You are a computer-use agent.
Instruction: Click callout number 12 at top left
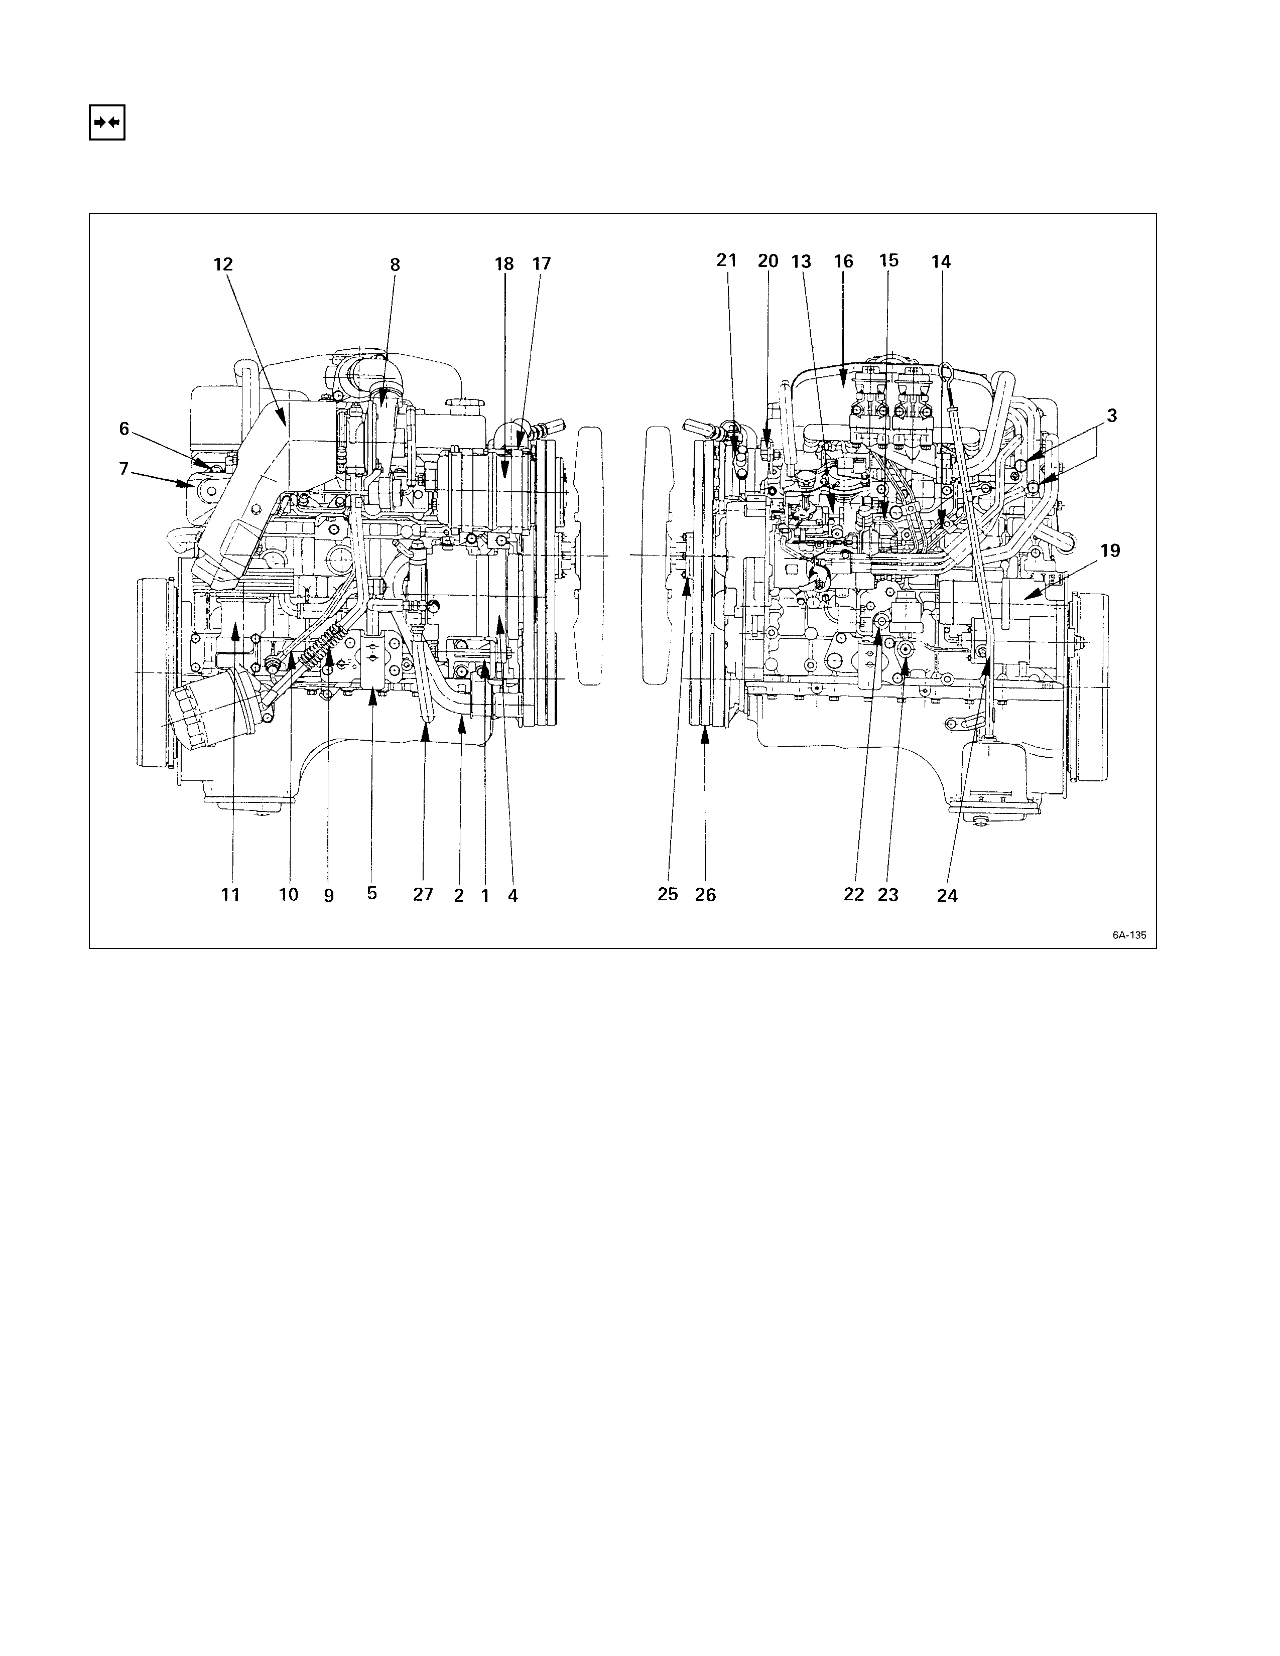pyautogui.click(x=223, y=264)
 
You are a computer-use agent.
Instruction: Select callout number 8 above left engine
pyautogui.click(x=395, y=264)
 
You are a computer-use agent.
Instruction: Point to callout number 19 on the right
pyautogui.click(x=1110, y=551)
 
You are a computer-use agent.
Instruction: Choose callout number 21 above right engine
pyautogui.click(x=726, y=260)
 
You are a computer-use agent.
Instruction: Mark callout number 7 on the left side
pyautogui.click(x=123, y=469)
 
